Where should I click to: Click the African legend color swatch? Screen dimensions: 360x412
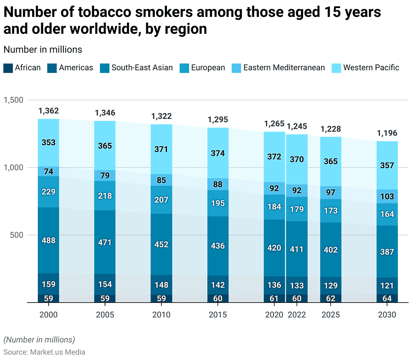coord(8,68)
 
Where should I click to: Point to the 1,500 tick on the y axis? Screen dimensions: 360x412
coord(14,100)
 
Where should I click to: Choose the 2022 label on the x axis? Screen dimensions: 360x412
coord(297,315)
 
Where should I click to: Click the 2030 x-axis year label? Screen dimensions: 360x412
coord(387,315)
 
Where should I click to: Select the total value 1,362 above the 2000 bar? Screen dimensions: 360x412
coord(49,111)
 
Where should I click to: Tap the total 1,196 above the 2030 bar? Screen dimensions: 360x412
coord(387,133)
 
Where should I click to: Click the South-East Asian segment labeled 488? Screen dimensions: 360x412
coord(49,240)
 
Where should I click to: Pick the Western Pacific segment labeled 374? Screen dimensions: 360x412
coord(218,153)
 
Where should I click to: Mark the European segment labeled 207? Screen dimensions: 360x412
coord(161,200)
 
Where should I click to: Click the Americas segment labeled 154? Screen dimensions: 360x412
coord(105,284)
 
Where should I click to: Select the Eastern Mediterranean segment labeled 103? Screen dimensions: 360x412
coord(387,196)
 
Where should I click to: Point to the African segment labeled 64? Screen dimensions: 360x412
coord(387,298)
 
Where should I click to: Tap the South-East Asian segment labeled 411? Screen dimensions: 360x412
coord(297,249)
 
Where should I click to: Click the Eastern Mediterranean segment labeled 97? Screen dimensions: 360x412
coord(331,192)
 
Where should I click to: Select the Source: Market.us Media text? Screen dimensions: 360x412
coord(44,352)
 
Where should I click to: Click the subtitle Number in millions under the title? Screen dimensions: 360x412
coord(43,49)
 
